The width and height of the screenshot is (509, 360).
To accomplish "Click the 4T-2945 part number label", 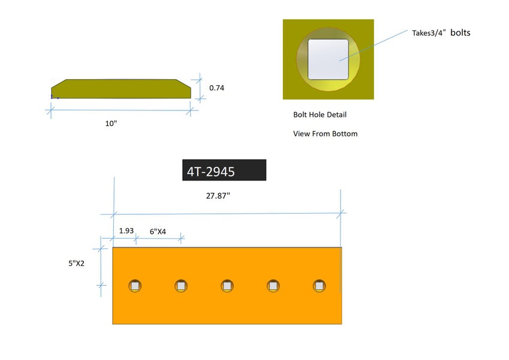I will [224, 170].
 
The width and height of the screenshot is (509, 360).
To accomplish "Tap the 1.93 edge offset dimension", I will [126, 230].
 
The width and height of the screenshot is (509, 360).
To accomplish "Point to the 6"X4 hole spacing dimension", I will [158, 231].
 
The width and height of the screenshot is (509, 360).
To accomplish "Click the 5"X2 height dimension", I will [76, 263].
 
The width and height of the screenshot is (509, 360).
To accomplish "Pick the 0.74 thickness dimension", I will [216, 88].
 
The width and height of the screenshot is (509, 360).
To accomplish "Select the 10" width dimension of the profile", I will [110, 123].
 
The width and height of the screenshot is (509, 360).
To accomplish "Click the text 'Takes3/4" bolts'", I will [441, 33].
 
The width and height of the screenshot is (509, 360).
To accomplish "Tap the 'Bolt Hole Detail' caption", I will [320, 115].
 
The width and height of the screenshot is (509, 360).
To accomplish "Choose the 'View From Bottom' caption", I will [325, 134].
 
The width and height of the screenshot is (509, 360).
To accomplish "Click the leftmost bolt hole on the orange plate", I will [135, 286].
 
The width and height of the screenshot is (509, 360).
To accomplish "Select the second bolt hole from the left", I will [181, 286].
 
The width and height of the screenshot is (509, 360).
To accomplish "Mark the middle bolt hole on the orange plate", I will [227, 286].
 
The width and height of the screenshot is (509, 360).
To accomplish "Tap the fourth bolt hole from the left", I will [273, 286].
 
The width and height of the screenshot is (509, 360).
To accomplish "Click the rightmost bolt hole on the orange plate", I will [319, 286].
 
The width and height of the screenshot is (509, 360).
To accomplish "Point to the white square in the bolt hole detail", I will [329, 59].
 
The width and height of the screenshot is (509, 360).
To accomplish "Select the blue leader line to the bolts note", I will [375, 45].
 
